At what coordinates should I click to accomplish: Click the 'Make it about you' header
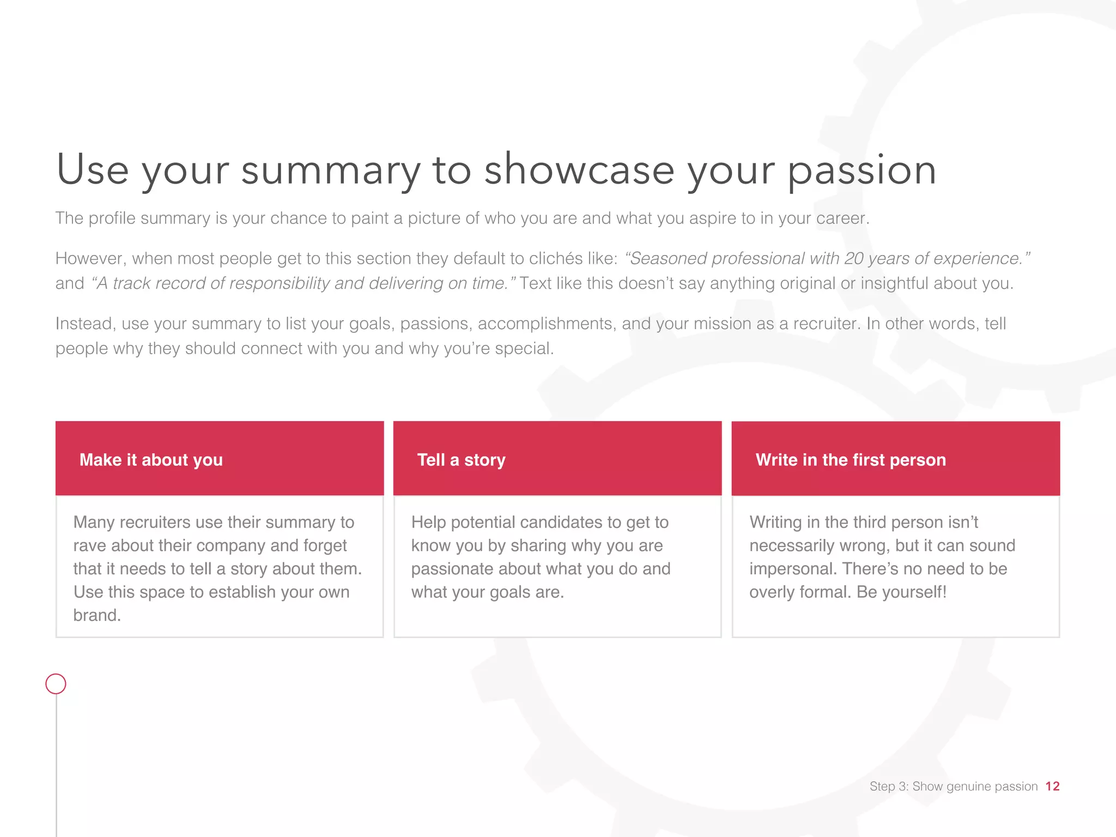tap(151, 460)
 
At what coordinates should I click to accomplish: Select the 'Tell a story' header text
tap(461, 460)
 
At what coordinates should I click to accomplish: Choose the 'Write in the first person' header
tap(850, 460)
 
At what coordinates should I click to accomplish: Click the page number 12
tap(1052, 786)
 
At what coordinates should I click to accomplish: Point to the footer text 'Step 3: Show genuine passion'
tap(953, 786)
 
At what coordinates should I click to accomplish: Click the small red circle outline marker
tap(56, 683)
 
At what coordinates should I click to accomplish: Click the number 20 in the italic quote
tap(854, 258)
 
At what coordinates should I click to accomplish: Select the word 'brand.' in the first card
tap(97, 615)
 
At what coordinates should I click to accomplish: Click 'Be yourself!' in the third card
tap(901, 592)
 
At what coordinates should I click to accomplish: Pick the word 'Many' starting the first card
tap(94, 523)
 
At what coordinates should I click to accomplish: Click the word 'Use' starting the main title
tap(93, 170)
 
